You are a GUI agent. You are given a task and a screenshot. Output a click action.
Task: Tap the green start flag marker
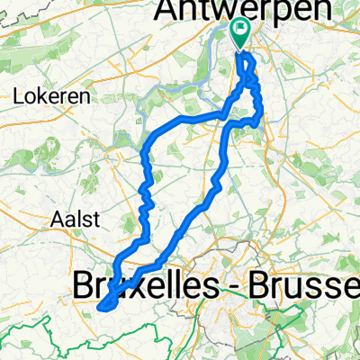[241, 34]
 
